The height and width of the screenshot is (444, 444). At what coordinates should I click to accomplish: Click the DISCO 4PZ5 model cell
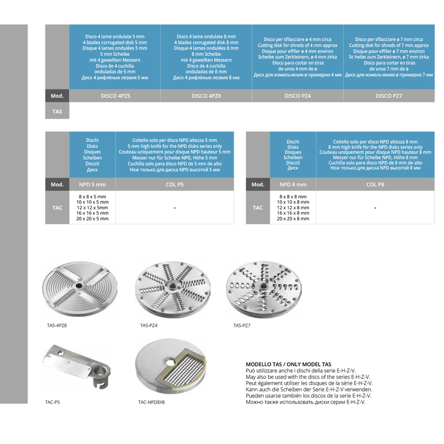[115, 95]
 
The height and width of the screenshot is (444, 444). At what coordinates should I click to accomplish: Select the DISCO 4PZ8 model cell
[206, 95]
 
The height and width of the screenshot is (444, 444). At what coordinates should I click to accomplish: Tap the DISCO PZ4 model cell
[297, 95]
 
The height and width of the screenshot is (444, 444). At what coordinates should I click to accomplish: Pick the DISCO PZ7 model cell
[389, 95]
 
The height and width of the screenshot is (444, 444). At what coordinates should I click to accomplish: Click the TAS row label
[57, 112]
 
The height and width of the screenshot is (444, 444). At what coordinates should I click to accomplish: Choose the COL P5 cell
[175, 184]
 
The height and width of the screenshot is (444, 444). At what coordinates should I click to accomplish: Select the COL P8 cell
[375, 184]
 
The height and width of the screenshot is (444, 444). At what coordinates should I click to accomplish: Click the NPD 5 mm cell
[92, 184]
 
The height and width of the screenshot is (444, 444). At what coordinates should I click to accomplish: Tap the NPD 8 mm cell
[293, 184]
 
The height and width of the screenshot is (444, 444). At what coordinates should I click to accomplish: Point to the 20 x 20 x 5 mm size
[92, 219]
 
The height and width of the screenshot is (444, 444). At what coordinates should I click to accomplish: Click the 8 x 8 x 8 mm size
[293, 196]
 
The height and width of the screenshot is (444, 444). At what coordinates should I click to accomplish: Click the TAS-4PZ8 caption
[57, 325]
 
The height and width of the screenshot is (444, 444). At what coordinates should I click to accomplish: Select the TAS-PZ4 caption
[149, 325]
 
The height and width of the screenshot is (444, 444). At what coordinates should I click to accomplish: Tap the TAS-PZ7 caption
[242, 325]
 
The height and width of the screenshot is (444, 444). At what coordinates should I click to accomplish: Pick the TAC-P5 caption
[52, 402]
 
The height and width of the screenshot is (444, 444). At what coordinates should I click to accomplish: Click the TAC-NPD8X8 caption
[152, 402]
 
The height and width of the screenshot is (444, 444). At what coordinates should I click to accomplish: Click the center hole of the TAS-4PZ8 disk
[79, 286]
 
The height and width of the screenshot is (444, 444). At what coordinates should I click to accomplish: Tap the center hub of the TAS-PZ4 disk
[172, 286]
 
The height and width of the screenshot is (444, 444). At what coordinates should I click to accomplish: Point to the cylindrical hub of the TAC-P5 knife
[101, 374]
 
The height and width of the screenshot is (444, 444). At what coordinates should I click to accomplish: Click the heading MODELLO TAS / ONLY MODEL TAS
[289, 365]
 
